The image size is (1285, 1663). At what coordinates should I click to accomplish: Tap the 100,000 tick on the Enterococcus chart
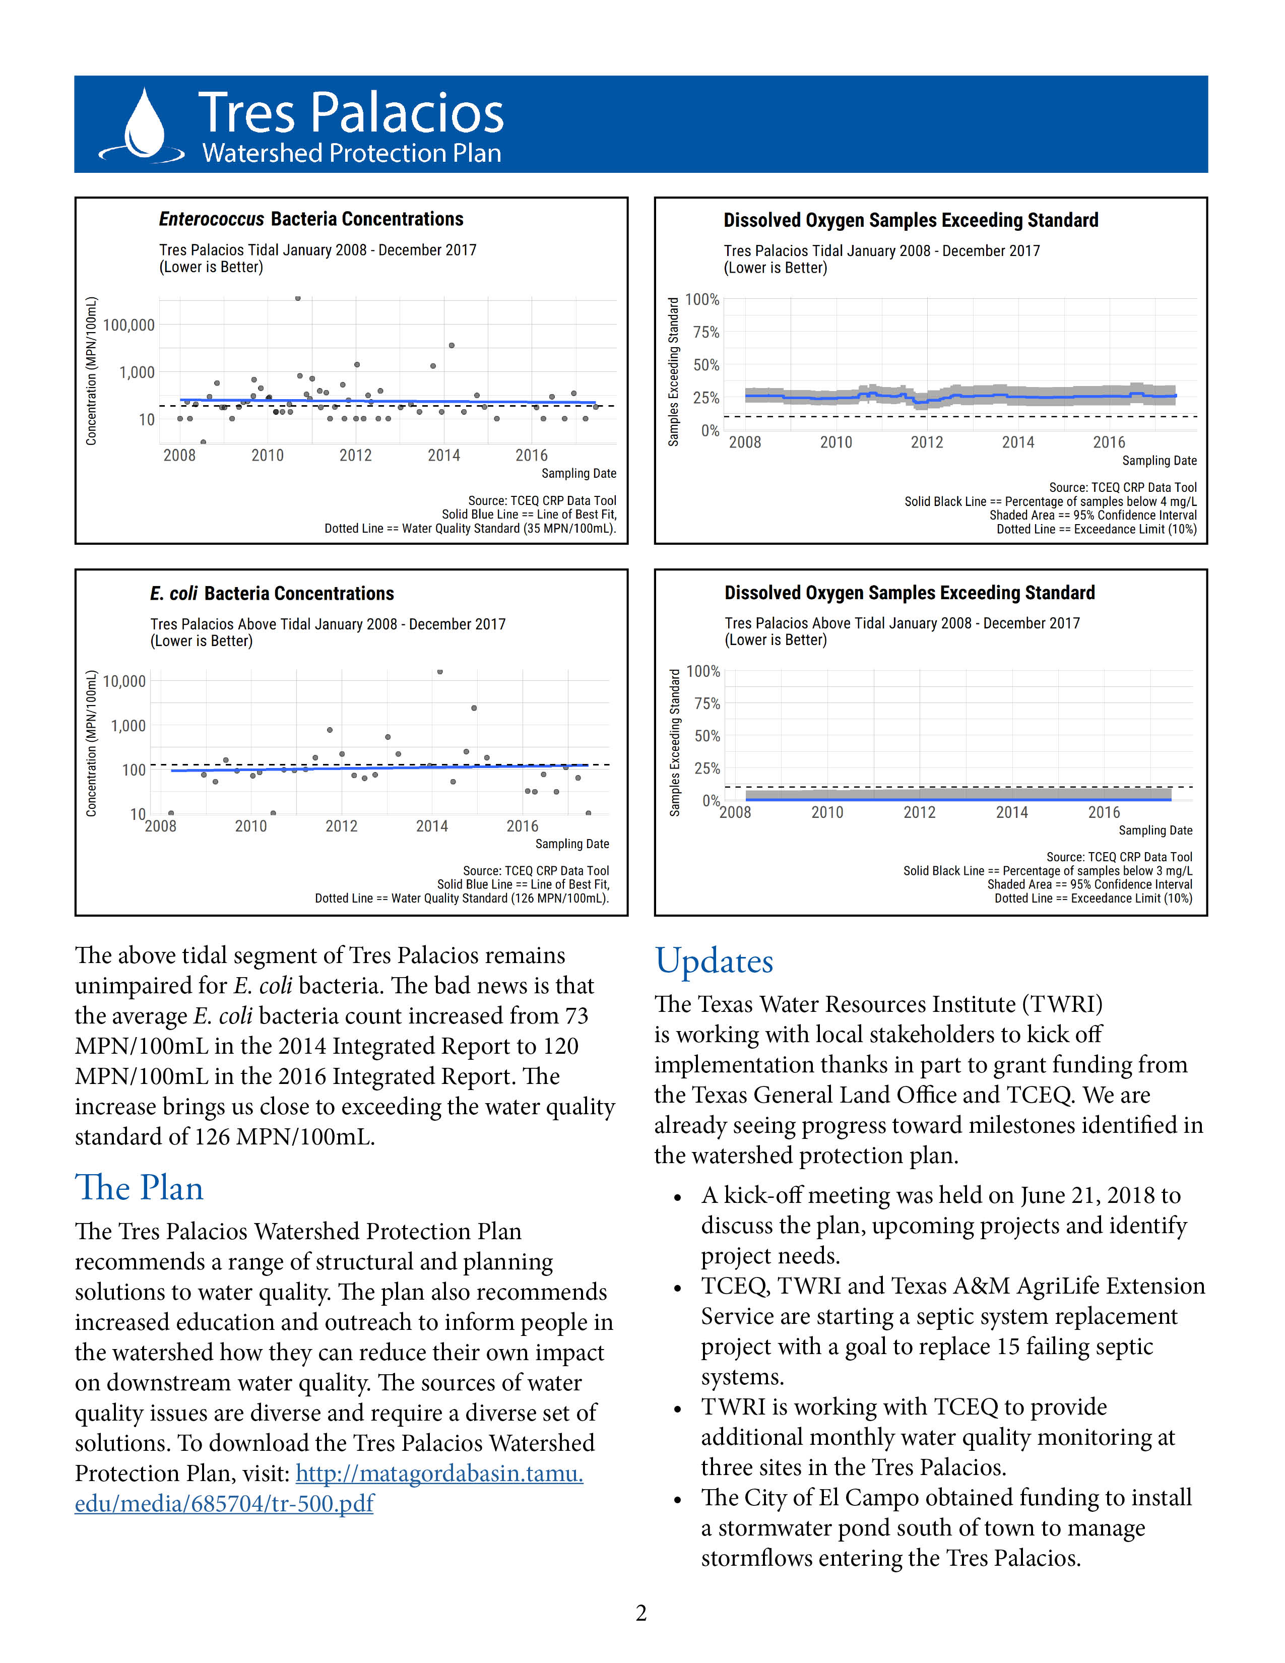(x=128, y=325)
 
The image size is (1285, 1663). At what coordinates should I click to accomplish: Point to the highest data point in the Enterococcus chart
(x=298, y=298)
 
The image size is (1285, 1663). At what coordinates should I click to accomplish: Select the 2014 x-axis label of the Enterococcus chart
(x=444, y=456)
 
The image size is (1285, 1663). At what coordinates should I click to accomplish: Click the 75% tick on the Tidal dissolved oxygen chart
(x=705, y=332)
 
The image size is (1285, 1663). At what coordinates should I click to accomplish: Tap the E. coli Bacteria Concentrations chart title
(x=272, y=593)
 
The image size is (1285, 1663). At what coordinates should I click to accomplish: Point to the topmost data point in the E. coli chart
(x=440, y=672)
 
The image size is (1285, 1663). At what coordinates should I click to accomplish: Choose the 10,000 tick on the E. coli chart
(x=124, y=681)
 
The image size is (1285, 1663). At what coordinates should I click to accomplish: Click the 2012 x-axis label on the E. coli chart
(x=341, y=826)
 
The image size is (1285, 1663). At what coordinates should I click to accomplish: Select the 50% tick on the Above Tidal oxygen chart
(x=707, y=736)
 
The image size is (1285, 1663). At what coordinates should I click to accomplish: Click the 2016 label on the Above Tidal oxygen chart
(x=1104, y=812)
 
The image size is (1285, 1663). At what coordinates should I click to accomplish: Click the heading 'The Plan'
(x=139, y=1189)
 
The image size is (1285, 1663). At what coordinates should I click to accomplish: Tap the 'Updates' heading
(x=714, y=962)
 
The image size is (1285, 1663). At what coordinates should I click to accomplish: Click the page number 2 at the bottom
(x=641, y=1614)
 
